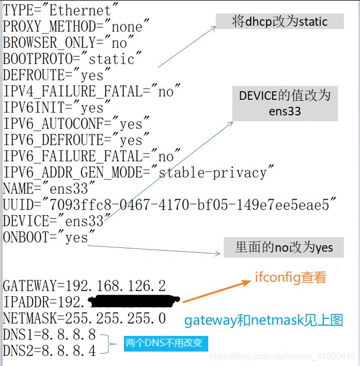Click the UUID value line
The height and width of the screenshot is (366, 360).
(170, 205)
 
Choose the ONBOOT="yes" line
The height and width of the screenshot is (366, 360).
(49, 237)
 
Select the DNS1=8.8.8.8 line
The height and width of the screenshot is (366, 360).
(49, 335)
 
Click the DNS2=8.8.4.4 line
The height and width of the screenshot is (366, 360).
(49, 351)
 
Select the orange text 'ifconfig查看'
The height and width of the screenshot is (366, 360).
(290, 279)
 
